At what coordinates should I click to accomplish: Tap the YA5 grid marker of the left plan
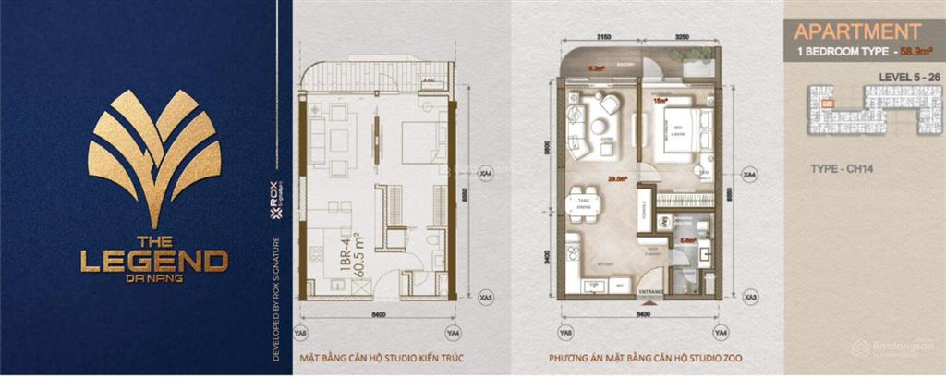tap(300, 334)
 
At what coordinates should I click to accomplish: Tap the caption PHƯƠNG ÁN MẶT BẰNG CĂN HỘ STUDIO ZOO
tap(643, 358)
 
